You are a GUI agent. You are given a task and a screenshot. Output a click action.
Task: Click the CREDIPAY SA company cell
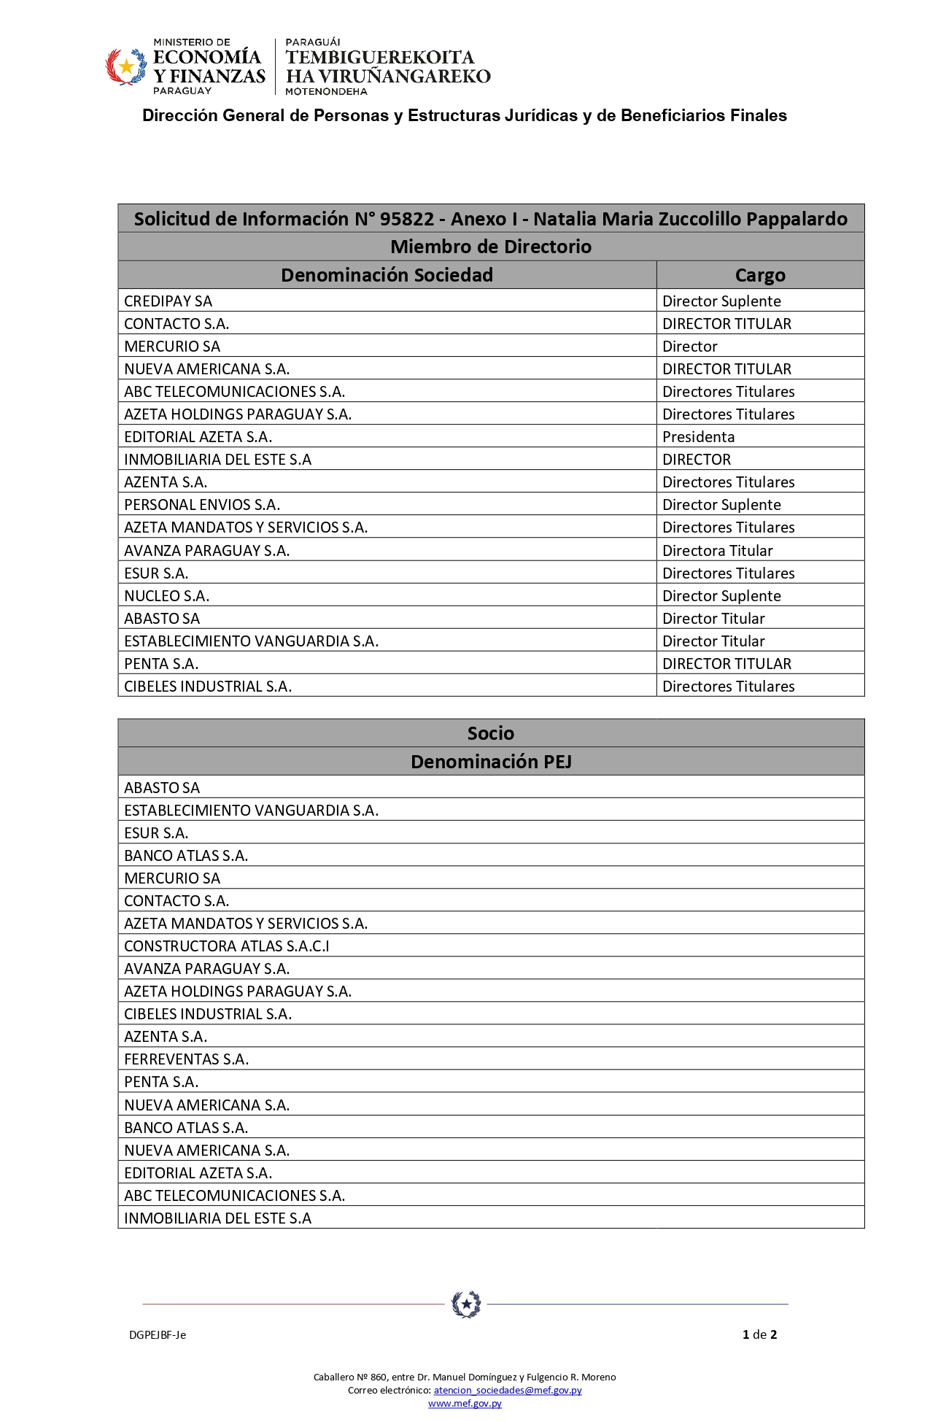coord(168,301)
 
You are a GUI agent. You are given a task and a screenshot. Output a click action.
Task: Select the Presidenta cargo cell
coord(698,437)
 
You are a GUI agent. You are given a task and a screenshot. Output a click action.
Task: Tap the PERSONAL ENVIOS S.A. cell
coord(202,505)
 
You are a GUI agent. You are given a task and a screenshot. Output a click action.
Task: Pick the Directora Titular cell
coord(717,551)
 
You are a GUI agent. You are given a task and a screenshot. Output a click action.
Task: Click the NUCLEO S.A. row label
coord(167,596)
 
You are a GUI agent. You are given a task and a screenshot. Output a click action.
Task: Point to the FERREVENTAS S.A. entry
coord(187,1059)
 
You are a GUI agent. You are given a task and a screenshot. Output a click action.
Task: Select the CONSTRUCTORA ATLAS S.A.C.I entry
coord(227,946)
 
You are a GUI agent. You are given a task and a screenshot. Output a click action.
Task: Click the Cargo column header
coord(760,275)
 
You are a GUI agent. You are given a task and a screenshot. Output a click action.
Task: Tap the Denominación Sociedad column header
coord(387,275)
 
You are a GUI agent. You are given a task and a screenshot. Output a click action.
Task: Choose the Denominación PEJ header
coord(491,762)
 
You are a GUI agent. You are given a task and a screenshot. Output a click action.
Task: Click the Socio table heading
coord(491,733)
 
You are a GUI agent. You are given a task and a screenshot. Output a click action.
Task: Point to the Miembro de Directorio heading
coord(491,247)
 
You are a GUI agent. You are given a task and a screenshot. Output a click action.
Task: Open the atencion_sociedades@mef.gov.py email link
coord(508,1390)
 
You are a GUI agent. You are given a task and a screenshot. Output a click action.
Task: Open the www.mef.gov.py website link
coord(465,1403)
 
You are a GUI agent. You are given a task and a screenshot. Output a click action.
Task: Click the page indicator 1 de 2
coord(759,1334)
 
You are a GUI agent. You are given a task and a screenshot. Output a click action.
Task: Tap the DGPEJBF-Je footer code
coord(158,1335)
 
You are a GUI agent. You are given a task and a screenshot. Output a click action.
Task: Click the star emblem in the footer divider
coord(466,1304)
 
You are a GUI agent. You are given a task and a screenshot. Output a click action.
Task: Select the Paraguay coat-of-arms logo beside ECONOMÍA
coord(127,67)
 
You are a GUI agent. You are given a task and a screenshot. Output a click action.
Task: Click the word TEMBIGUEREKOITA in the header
coord(379,57)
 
